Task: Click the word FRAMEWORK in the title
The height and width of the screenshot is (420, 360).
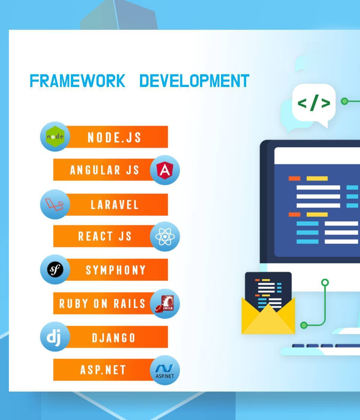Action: (77, 81)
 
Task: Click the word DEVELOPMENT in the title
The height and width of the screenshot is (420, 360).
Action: (194, 81)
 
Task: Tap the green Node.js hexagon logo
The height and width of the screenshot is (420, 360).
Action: (55, 136)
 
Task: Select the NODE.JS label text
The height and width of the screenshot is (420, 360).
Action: (114, 137)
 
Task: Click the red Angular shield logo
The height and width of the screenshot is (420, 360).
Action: (165, 170)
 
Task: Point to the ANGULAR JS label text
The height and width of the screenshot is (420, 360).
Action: (104, 170)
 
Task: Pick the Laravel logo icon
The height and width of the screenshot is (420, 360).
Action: (54, 204)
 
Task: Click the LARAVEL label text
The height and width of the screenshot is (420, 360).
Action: (115, 205)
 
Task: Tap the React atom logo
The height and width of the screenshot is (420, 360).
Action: (165, 236)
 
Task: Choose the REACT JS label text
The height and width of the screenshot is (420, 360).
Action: (105, 236)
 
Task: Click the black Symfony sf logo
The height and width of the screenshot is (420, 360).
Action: (55, 269)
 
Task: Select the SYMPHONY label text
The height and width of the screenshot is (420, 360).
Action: (115, 270)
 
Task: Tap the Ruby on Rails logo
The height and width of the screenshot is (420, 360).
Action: (165, 304)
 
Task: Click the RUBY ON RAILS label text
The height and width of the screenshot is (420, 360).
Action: (102, 303)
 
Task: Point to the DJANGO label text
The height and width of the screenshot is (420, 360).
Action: (114, 338)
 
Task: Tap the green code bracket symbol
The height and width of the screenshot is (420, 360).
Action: (314, 103)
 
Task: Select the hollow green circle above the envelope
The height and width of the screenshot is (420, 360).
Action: (325, 283)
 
